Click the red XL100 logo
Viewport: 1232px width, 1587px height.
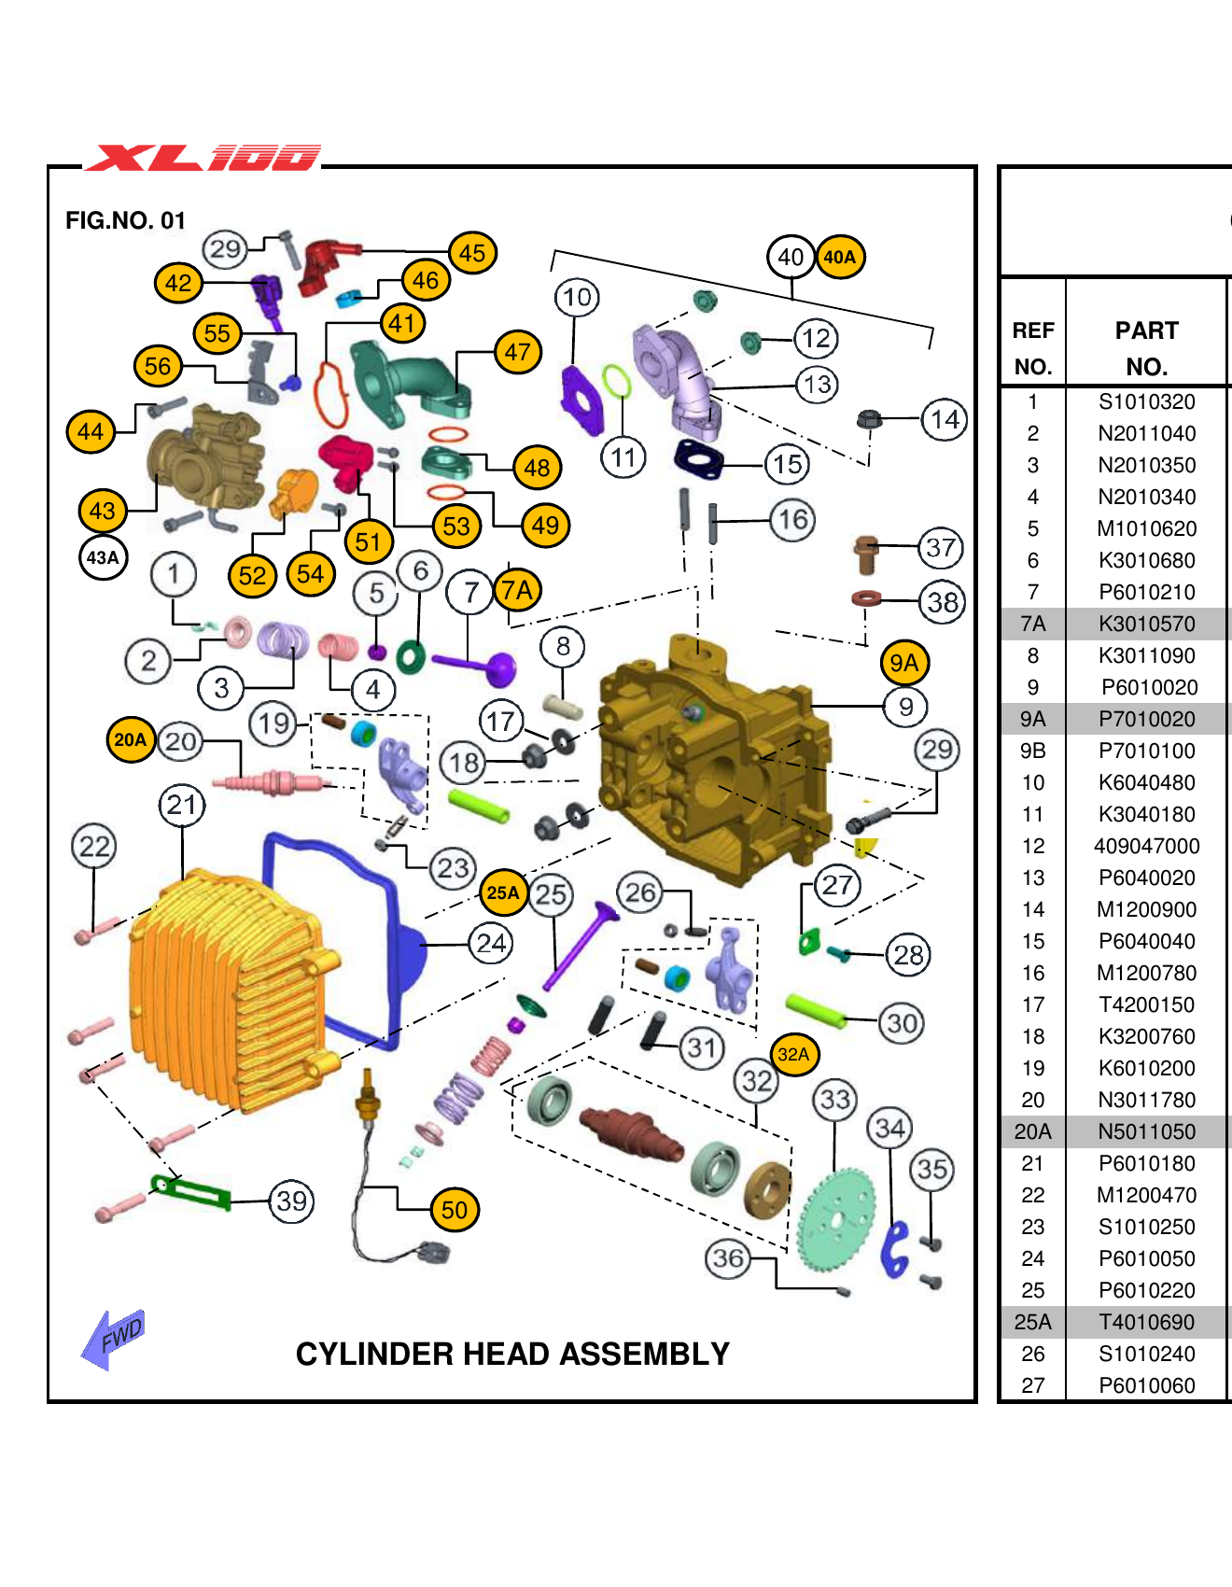pos(203,158)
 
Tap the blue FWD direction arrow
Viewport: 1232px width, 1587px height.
pos(115,1337)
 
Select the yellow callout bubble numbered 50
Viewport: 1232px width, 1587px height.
pos(455,1210)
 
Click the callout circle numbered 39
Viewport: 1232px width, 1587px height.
pos(291,1201)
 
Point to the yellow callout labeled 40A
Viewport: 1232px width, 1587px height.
pos(840,257)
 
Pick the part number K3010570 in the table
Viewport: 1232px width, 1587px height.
pos(1146,624)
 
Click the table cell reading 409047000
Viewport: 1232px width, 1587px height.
pos(1146,846)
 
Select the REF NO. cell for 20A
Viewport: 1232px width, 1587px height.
pos(1032,1131)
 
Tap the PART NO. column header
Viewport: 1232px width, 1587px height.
pos(1146,347)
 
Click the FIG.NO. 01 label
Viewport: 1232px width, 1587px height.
pos(125,220)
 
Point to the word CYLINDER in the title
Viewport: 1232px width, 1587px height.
pos(375,1354)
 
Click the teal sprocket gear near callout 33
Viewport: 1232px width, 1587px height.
pos(836,1218)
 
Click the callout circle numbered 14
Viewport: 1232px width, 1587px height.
pos(944,419)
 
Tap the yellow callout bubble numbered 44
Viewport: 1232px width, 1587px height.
pos(91,431)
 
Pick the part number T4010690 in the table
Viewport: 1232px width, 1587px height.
pos(1146,1322)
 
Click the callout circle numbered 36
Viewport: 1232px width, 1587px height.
pos(728,1258)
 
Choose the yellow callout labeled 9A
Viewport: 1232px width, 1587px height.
pos(903,663)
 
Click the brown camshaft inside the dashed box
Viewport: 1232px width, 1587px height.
pos(632,1131)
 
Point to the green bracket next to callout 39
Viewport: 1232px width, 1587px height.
pos(191,1192)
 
